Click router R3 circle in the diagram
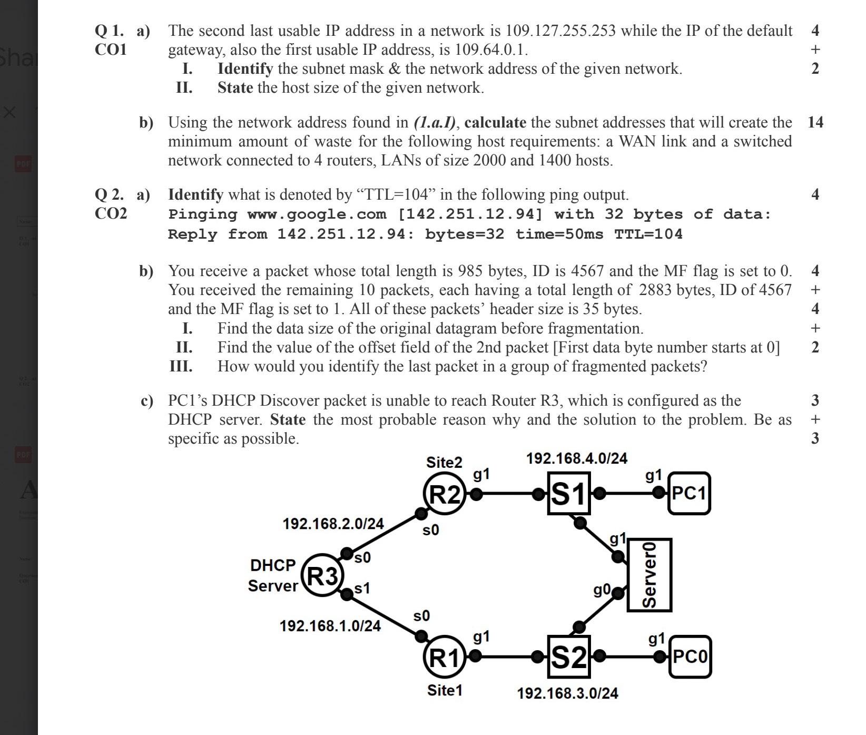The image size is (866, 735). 322,575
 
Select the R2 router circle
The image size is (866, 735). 445,494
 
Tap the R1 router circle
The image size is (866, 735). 445,657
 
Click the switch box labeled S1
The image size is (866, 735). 568,494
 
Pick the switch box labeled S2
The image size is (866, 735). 568,657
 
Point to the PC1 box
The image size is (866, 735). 689,494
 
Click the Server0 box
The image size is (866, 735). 649,575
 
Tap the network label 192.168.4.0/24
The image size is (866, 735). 577,458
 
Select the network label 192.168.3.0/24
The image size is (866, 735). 568,693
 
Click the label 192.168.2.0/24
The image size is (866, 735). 333,524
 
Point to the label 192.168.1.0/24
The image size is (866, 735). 330,626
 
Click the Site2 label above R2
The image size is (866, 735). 444,463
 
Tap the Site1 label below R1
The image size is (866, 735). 445,690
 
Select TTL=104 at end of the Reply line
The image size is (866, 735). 648,234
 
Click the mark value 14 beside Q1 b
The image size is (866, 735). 815,122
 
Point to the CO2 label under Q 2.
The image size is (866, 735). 111,213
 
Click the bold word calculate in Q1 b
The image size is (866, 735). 495,123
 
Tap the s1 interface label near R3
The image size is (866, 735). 362,588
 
